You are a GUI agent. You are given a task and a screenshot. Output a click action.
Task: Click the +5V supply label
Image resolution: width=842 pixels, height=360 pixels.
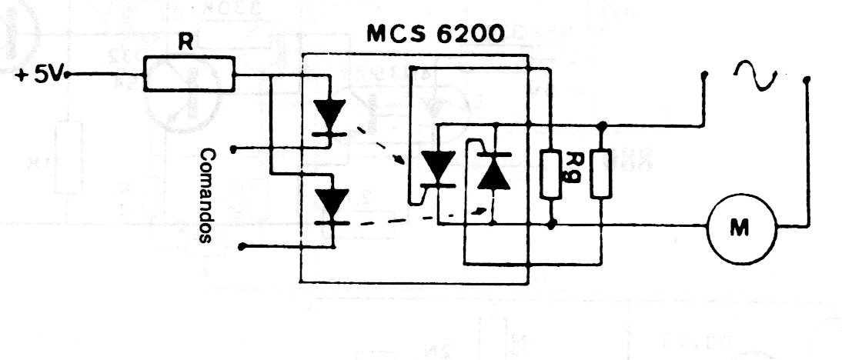pos(40,75)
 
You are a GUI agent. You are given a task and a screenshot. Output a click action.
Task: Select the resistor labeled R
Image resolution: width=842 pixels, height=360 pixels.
pos(189,74)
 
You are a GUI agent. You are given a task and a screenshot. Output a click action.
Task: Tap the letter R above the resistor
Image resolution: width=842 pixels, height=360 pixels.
pos(185,42)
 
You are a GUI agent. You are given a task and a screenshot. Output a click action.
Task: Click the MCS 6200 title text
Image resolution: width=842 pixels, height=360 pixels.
pos(436,34)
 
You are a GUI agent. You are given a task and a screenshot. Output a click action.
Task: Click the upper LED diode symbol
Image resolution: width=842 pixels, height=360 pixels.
pos(329,116)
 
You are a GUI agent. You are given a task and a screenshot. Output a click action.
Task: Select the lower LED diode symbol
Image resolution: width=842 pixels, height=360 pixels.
pos(331,206)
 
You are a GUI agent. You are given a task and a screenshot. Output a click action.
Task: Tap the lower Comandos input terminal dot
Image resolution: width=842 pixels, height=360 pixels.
pos(242,247)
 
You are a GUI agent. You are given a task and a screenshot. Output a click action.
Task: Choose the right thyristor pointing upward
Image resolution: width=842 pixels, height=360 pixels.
pos(493,171)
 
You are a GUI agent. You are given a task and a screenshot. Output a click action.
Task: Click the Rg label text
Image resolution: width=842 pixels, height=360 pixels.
pos(573,167)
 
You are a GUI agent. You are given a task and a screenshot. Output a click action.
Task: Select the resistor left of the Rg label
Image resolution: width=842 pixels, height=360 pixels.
pos(551,175)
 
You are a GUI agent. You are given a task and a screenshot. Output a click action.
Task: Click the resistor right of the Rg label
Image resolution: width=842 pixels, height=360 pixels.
pos(601,175)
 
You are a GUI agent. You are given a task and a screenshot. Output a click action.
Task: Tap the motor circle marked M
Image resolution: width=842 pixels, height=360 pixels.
pos(742,228)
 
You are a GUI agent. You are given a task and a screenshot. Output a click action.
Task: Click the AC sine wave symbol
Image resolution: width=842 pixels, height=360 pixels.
pos(755,75)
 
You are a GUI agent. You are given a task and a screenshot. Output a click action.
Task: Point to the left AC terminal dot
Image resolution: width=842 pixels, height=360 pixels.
pos(704,74)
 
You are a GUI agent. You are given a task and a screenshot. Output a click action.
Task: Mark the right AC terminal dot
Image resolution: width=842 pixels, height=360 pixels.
pos(806,80)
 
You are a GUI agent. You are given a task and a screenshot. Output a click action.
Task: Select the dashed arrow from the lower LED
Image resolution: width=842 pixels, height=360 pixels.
pos(423,217)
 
